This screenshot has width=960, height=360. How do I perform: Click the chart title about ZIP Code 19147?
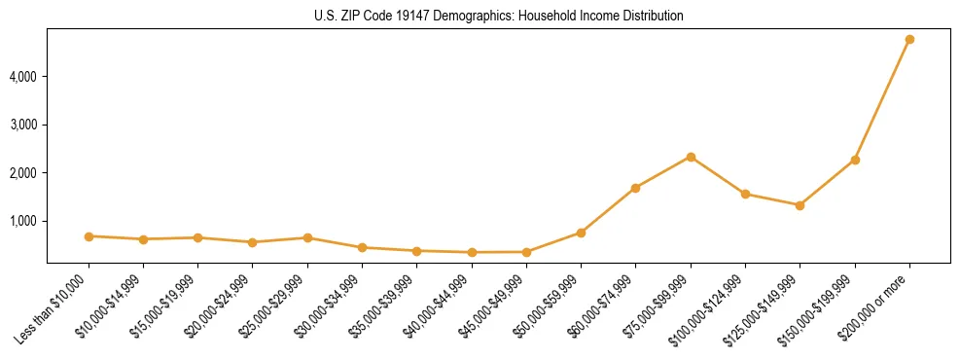(498, 16)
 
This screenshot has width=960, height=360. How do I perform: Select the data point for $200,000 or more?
(909, 39)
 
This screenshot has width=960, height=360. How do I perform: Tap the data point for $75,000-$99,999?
(691, 157)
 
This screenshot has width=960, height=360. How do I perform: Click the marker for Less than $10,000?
(89, 236)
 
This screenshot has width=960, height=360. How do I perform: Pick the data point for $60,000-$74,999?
(635, 188)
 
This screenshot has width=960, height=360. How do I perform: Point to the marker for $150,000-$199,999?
(855, 160)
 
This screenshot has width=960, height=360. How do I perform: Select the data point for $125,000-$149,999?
(800, 205)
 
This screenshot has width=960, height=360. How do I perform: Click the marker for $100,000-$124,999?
(745, 194)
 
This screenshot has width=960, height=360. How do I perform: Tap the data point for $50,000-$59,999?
(581, 233)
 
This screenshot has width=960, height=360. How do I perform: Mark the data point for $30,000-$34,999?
(362, 247)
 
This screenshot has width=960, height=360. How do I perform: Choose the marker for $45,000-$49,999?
(526, 252)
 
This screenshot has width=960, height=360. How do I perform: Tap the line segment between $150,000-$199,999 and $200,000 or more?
(882, 99)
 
